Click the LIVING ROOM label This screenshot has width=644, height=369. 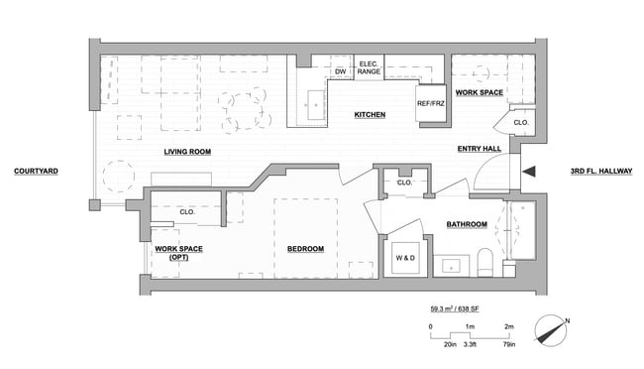pos(187,151)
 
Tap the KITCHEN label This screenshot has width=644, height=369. pos(370,115)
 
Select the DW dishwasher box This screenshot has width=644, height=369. pos(340,72)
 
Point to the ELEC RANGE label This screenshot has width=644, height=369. pos(369,67)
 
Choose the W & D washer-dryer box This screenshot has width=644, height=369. pos(406,258)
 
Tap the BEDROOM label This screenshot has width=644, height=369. pos(305,248)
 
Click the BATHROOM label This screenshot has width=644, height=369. pos(466,224)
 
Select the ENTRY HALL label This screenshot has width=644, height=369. pos(479,150)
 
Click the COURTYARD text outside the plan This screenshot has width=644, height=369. pos(36,172)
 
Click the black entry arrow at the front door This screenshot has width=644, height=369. pos(529,172)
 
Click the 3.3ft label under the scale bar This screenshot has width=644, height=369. pos(470,344)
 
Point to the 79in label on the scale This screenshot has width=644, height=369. pos(509,344)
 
